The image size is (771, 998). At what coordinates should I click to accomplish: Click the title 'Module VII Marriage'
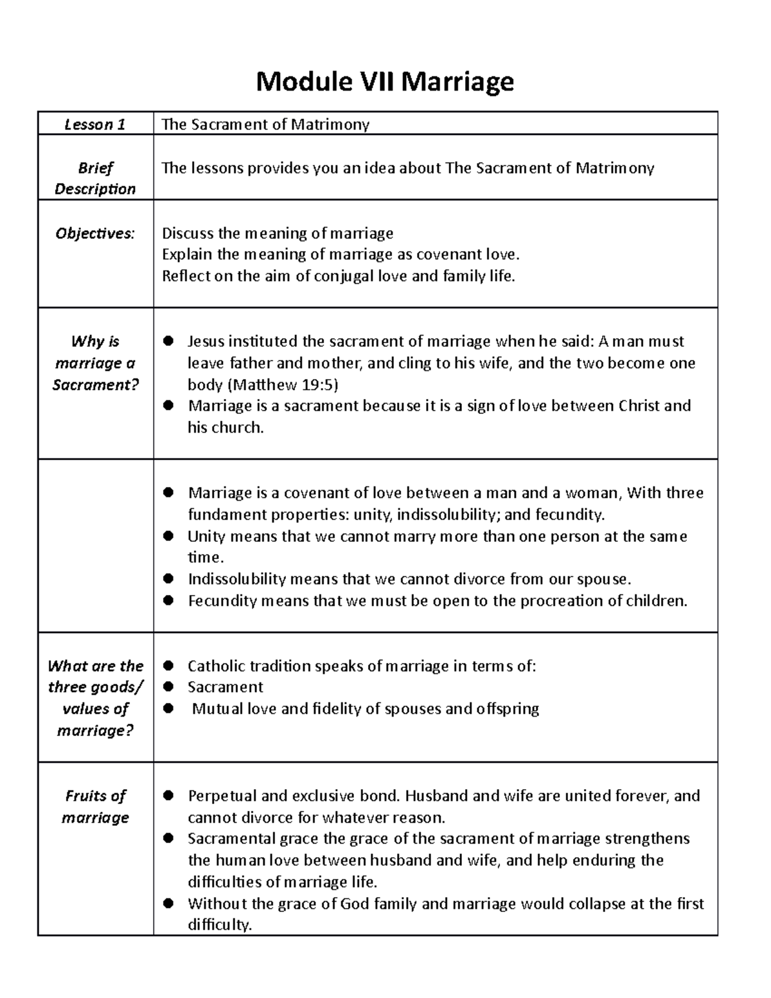tap(385, 82)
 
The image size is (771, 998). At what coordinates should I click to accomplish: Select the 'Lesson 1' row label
tap(95, 124)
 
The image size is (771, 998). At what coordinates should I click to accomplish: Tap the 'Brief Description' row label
tap(95, 179)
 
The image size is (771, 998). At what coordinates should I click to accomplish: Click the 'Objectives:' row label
tap(95, 233)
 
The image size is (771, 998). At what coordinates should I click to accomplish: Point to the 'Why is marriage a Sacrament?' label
tap(95, 363)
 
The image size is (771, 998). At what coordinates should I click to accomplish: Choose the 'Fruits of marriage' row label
tap(95, 806)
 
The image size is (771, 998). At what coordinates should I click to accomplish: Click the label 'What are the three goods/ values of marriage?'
tap(95, 698)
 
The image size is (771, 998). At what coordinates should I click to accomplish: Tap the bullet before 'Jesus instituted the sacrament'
tap(169, 341)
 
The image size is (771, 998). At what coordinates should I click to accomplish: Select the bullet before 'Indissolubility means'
tap(169, 579)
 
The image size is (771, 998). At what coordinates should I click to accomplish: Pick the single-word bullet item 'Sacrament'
tap(225, 687)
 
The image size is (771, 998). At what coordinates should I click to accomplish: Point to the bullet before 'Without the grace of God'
tap(169, 904)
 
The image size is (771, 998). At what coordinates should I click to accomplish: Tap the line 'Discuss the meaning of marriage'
tap(278, 233)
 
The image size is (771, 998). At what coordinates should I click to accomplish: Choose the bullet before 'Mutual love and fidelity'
tap(169, 709)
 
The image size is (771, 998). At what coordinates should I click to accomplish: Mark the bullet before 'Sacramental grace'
tap(169, 839)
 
